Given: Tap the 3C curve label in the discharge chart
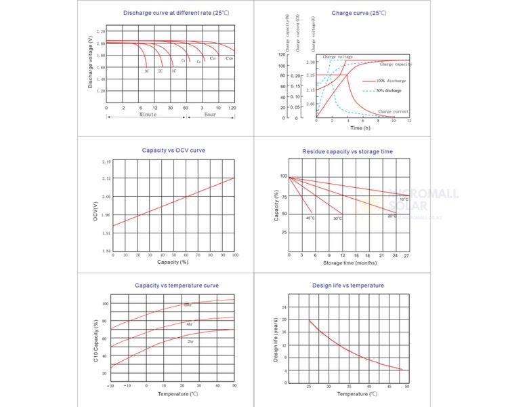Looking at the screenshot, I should [x=146, y=71].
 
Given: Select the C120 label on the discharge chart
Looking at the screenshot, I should [x=230, y=59].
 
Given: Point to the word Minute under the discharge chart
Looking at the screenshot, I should [x=148, y=115].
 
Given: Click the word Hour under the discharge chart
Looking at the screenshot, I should [x=210, y=115].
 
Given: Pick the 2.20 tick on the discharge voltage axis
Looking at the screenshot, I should [x=101, y=31].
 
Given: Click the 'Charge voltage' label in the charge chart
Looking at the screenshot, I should [x=337, y=57].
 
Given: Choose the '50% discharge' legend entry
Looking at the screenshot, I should [x=389, y=90].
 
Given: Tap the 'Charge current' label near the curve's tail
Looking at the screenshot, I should [x=393, y=111].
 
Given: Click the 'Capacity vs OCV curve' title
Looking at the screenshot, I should [x=173, y=150].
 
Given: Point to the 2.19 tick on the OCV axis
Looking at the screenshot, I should [x=106, y=162].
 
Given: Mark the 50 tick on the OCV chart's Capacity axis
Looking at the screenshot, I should [x=174, y=255].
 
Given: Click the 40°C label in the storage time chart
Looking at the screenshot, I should [x=310, y=218].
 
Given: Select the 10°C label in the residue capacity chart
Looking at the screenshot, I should [x=404, y=199].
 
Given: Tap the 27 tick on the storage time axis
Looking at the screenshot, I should [x=406, y=255].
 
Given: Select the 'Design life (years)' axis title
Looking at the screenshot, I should [x=276, y=339].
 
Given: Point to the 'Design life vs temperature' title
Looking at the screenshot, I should [x=348, y=286].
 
